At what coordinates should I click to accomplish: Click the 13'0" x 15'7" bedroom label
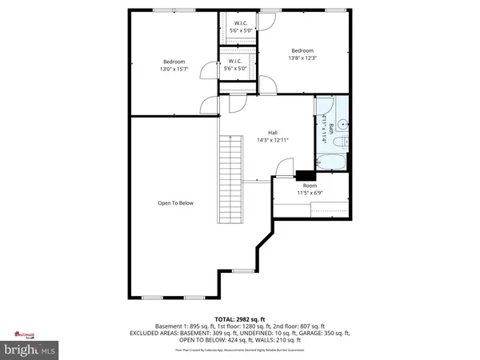tap(174, 66)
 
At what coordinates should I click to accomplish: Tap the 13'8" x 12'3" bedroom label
tap(303, 53)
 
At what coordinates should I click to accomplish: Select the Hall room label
tap(272, 136)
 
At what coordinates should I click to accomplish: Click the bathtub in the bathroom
tap(334, 162)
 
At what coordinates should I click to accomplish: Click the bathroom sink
tap(342, 124)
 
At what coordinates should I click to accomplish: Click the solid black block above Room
tap(305, 175)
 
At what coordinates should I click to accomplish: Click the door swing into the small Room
tap(282, 167)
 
